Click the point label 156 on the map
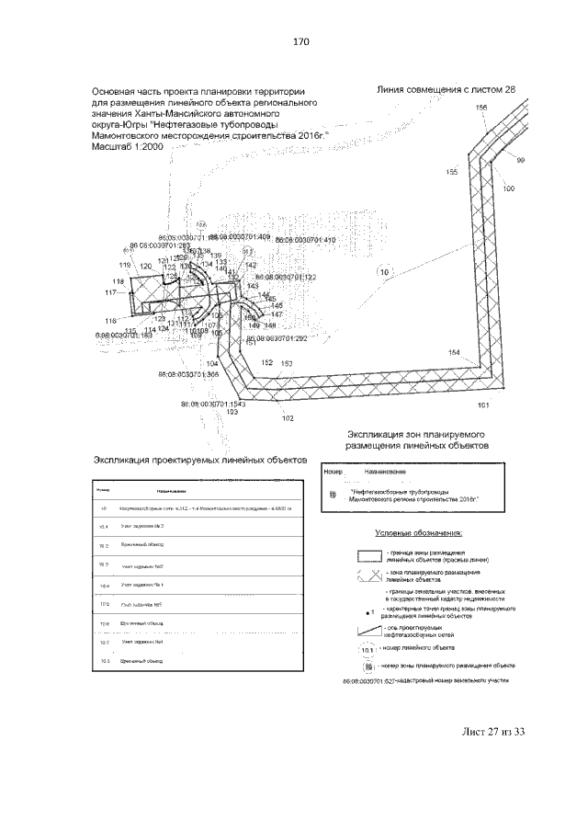[x=481, y=108]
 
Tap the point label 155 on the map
[x=451, y=172]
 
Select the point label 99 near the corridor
[x=520, y=161]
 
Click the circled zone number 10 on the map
[x=384, y=271]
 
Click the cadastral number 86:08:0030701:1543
[x=213, y=404]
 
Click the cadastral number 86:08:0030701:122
[x=286, y=277]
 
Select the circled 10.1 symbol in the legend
[x=367, y=649]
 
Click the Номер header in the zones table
[x=333, y=472]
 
